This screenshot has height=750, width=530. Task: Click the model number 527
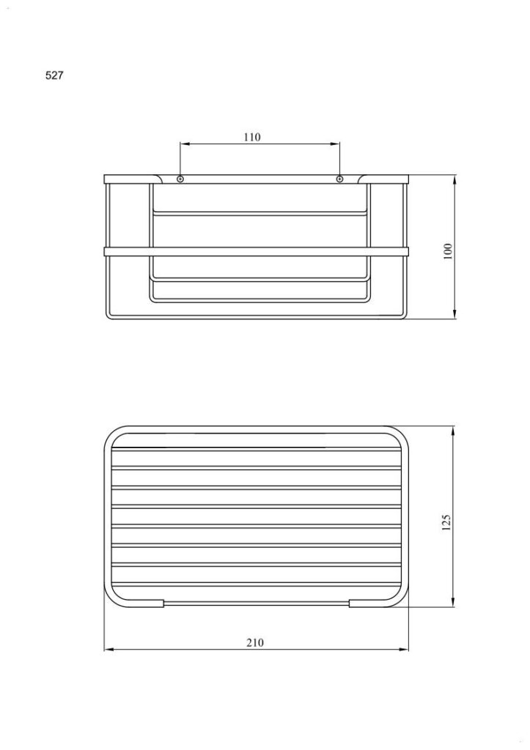[x=54, y=75]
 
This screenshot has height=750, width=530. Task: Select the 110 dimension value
[x=252, y=137]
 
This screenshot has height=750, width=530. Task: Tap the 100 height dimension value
[x=448, y=251]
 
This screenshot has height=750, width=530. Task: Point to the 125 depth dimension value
[x=446, y=522]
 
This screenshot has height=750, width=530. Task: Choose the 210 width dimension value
[x=255, y=642]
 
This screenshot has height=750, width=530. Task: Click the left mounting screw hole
[x=180, y=179]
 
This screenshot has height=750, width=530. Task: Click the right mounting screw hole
[x=339, y=179]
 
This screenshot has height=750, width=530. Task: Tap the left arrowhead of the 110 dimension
[x=184, y=143]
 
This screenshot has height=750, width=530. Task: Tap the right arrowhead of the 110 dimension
[x=335, y=143]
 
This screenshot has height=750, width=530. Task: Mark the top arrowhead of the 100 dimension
[x=454, y=180]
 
